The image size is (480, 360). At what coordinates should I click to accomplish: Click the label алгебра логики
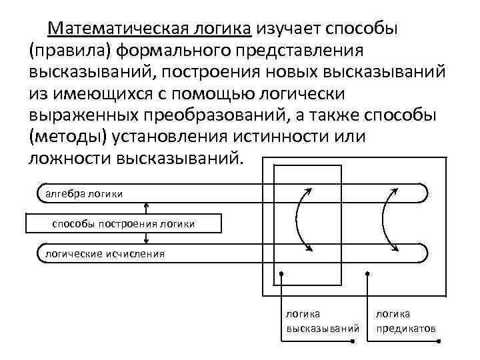pyautogui.click(x=83, y=193)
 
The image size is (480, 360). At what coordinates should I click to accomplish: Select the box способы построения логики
pyautogui.click(x=123, y=223)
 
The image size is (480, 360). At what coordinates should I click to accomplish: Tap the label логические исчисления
pyautogui.click(x=94, y=253)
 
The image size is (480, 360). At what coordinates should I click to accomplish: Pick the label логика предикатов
pyautogui.click(x=405, y=321)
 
